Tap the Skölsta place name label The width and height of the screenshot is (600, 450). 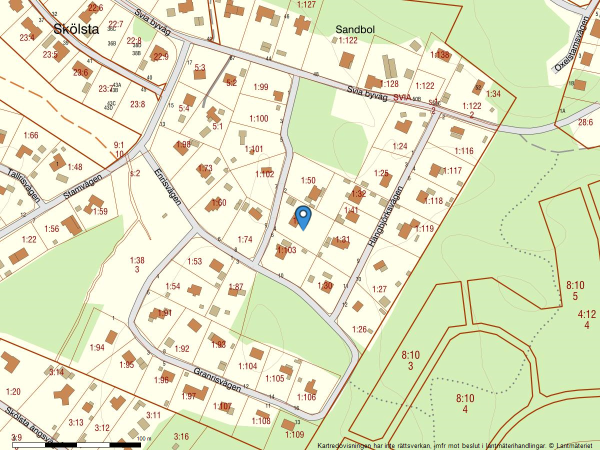76,29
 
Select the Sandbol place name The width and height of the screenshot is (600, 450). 355,29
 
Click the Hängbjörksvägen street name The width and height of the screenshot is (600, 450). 385,216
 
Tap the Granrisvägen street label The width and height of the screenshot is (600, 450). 217,380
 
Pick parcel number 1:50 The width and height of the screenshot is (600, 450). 308,180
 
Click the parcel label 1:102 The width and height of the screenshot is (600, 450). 264,174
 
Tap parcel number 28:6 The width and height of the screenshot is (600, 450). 585,122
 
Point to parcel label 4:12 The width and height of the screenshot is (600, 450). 586,314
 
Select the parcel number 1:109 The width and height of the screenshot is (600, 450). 294,434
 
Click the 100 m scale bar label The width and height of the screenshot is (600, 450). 143,438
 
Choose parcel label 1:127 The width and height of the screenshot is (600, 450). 306,4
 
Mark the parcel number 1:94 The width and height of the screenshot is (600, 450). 97,347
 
